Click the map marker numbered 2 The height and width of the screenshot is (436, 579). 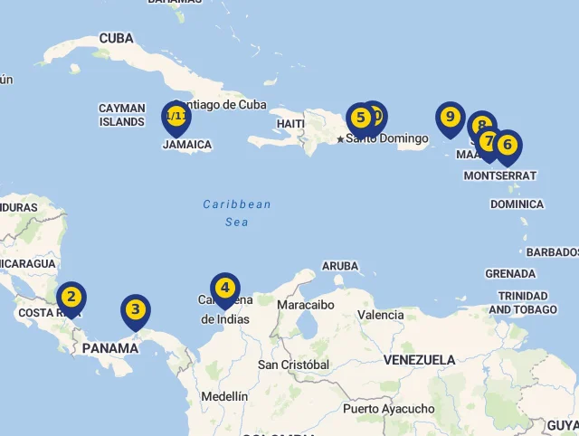(71, 297)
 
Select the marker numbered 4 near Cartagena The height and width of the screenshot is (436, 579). (224, 289)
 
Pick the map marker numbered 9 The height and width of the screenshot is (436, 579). (450, 118)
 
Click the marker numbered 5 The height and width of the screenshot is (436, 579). (360, 118)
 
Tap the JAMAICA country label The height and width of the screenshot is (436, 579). (187, 145)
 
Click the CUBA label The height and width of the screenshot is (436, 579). (116, 38)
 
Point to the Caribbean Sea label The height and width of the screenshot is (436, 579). (236, 213)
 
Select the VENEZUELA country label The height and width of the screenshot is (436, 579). (419, 360)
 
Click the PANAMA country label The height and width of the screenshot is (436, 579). (110, 348)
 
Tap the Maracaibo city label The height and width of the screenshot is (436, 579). (306, 305)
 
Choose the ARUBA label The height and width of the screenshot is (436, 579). (340, 266)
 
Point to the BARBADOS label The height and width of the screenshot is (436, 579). (552, 251)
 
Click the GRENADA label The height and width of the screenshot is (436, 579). (510, 273)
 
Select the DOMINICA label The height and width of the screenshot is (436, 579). (517, 204)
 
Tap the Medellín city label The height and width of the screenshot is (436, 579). (224, 396)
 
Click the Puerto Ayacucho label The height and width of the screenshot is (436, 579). (388, 409)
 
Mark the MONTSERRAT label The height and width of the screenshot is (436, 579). (499, 175)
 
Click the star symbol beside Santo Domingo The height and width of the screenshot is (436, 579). (340, 139)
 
